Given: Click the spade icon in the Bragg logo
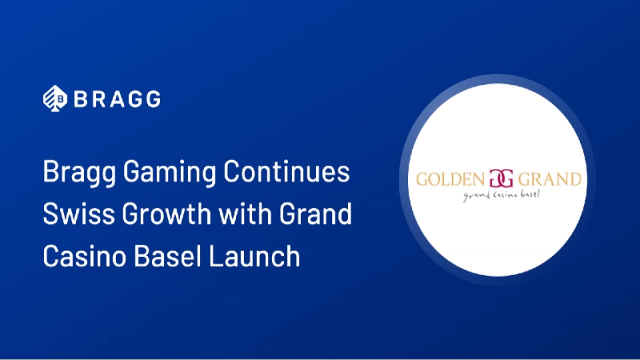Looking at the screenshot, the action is point(55,98).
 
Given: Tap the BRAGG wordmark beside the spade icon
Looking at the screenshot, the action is point(117,99).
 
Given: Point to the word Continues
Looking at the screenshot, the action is point(286,171).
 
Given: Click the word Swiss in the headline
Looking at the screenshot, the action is point(79,213).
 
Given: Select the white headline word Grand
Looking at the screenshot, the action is point(315,213).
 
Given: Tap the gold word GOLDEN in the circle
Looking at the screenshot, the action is point(450,179).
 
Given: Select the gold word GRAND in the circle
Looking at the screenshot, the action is point(549,179).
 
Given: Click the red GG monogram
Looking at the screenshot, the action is point(501,178).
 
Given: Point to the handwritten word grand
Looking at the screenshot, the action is point(473,196).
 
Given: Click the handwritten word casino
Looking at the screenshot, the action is point(502,195).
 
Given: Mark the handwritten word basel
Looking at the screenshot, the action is point(530,194).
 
